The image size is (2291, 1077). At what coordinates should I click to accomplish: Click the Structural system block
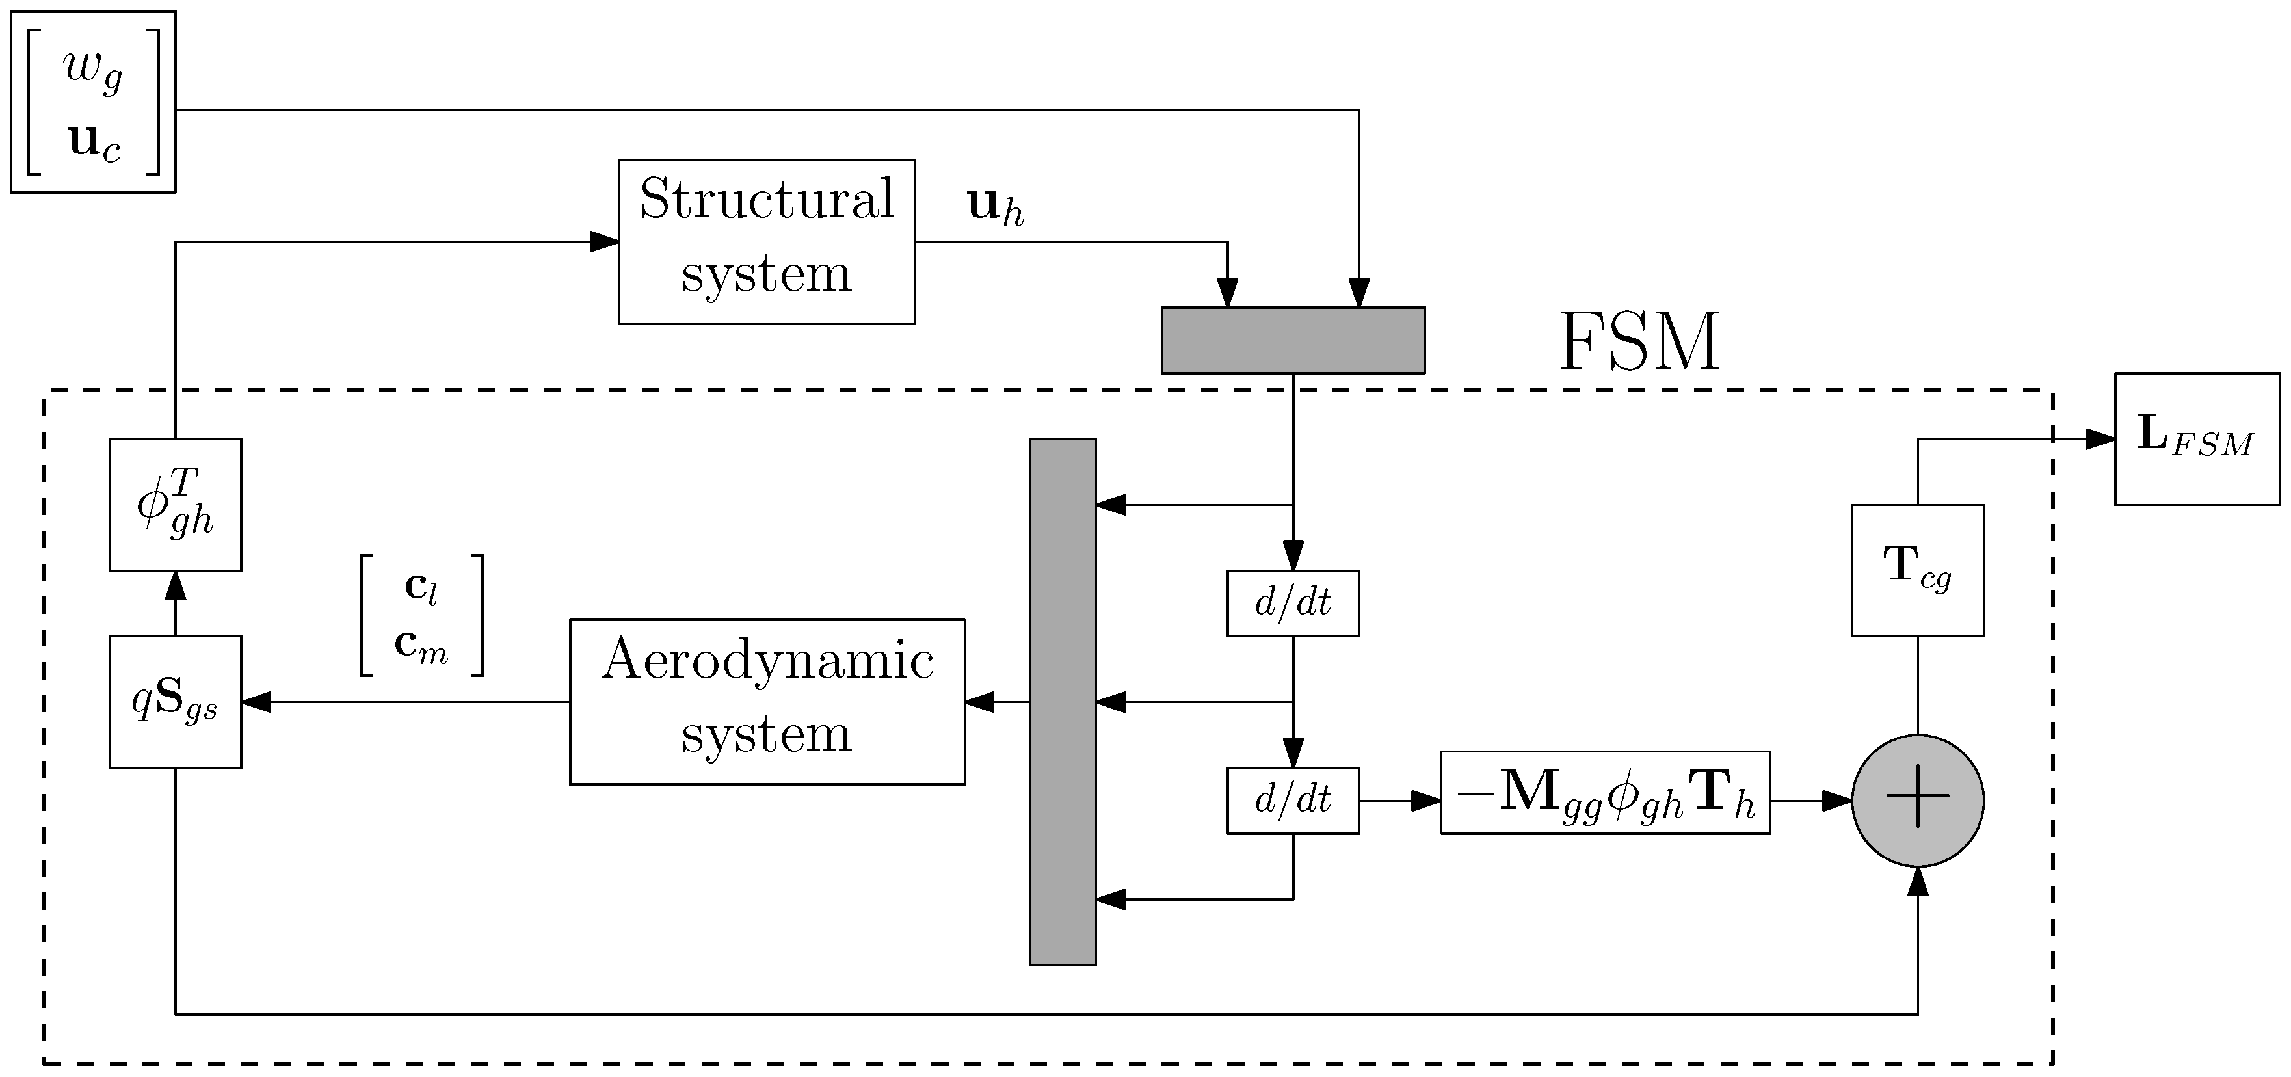point(767,241)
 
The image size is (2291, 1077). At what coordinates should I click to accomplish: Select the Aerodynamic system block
point(767,701)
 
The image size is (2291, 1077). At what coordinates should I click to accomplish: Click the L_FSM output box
point(2196,440)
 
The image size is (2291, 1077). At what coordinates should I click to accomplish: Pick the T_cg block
point(1918,570)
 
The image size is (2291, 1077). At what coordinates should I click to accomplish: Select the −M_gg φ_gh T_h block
point(1604,792)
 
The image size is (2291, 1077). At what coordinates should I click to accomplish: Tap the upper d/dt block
point(1292,603)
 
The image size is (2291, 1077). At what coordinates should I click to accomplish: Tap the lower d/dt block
point(1292,801)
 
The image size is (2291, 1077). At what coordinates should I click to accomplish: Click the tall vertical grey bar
point(1063,701)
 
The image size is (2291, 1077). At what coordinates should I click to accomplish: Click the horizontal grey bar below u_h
point(1292,339)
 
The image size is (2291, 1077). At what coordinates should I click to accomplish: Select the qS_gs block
point(175,701)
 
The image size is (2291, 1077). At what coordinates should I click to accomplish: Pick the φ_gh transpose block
point(175,504)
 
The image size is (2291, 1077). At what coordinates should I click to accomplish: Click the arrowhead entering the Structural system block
point(605,241)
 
